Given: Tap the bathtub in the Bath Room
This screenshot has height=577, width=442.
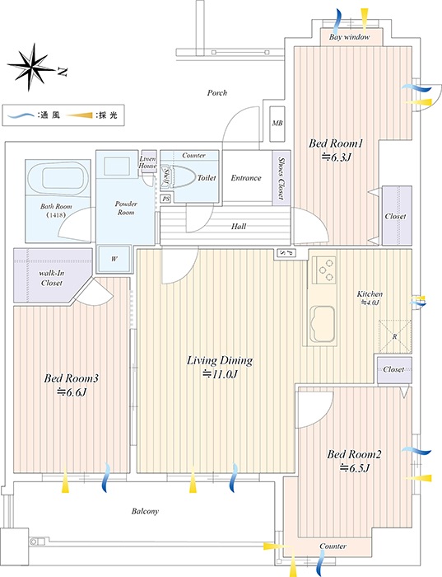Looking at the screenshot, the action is (58, 179).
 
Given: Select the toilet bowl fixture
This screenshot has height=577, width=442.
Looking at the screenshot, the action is (183, 177).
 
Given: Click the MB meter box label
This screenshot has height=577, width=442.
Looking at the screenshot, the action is (277, 124).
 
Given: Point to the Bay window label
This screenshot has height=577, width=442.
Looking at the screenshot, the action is (350, 37).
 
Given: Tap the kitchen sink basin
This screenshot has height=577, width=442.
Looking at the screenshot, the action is (323, 324).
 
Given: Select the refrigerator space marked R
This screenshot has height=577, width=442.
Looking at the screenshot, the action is (395, 336).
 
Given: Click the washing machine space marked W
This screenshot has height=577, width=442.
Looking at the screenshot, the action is (114, 259).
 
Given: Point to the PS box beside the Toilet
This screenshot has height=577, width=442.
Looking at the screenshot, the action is (166, 199).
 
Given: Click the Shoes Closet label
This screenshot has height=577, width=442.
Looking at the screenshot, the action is (281, 179).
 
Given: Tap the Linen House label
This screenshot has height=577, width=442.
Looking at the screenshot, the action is (147, 162).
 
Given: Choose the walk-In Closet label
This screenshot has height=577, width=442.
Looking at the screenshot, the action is (51, 279).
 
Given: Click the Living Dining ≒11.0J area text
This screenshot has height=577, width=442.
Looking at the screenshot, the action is (220, 367).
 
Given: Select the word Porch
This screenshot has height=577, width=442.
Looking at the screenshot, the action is (217, 92).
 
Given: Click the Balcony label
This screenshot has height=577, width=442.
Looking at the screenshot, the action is (145, 511).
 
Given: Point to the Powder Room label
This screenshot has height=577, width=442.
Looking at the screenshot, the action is (126, 208).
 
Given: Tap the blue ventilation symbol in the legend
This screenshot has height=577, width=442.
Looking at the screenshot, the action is (22, 115).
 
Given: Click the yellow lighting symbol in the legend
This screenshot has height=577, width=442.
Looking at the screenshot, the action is (80, 115).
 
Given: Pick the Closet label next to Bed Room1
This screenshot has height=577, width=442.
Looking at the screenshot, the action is (396, 216).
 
